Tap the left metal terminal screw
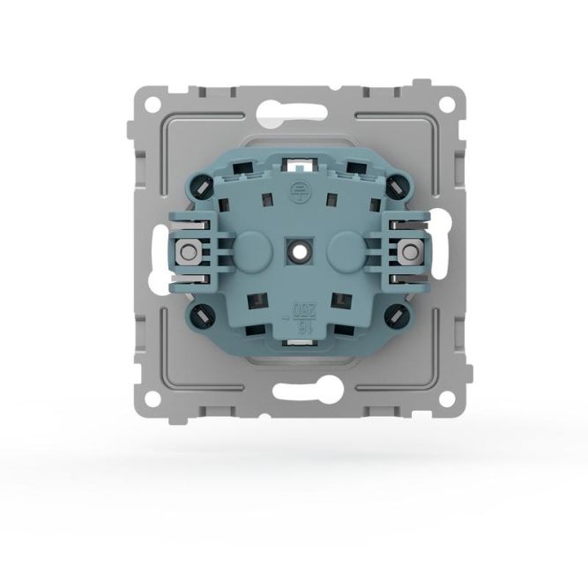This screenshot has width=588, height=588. tap(188, 253)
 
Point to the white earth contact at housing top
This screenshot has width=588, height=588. tap(296, 162)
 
